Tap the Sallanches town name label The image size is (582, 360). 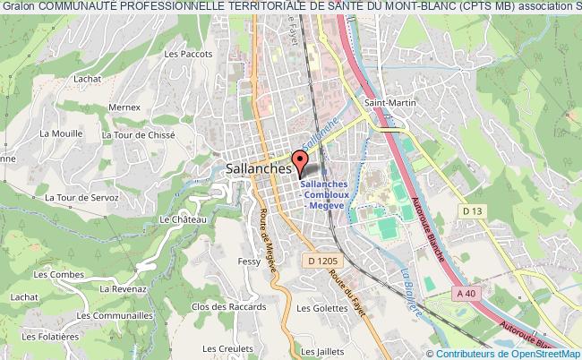[x=251, y=167]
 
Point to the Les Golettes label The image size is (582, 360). [x=321, y=309]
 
